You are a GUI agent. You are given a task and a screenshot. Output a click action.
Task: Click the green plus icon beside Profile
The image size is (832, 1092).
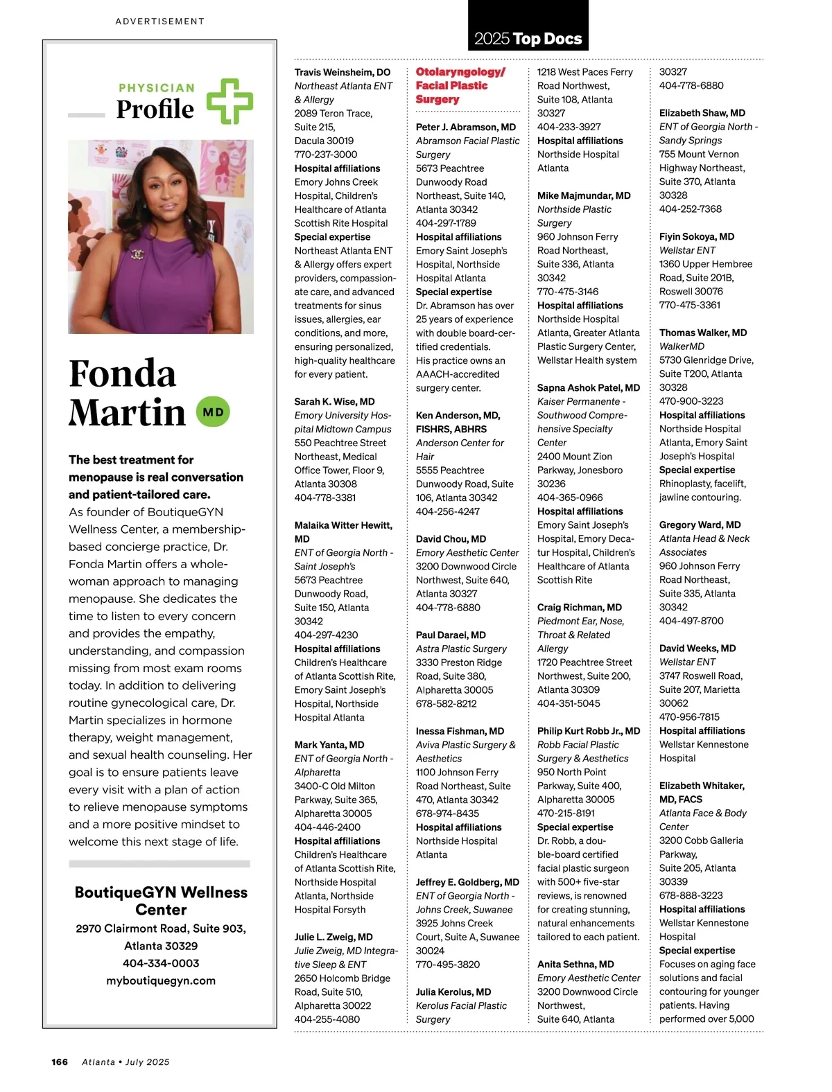coord(230,101)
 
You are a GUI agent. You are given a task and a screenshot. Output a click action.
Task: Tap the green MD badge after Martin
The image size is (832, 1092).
coord(213,412)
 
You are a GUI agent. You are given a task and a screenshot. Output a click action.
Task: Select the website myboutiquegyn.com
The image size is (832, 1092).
coord(161,980)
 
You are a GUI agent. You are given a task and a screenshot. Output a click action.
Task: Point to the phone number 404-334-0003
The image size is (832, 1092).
coord(161,963)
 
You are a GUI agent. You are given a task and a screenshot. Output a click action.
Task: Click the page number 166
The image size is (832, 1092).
coord(60,1062)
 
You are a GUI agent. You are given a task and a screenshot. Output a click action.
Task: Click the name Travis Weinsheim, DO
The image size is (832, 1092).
coord(343,72)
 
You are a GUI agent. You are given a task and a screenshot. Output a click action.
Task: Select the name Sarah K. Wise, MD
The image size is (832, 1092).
coord(334,401)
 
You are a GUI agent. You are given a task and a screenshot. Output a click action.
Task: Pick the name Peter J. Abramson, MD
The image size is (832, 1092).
coord(466,127)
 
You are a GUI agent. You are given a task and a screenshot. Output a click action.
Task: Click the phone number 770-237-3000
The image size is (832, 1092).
coord(326,155)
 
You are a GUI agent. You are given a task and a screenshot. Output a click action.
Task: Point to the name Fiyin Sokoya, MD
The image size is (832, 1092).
coord(697,236)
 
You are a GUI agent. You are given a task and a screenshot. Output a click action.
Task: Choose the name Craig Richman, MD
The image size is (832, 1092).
coord(580,607)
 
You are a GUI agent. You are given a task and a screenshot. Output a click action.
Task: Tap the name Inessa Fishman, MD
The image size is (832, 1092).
coord(460,731)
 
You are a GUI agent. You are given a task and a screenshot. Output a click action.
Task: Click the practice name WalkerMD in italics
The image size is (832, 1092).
coord(682,346)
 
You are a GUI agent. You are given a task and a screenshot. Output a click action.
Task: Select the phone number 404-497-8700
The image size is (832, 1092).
coord(691,621)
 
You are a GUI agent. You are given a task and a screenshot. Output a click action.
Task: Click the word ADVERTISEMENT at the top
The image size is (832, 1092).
coord(160,21)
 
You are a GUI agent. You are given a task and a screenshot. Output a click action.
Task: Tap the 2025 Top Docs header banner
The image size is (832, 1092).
coord(528,37)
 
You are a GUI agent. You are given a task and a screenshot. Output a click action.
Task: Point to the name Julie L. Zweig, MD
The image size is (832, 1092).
coord(333,937)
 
